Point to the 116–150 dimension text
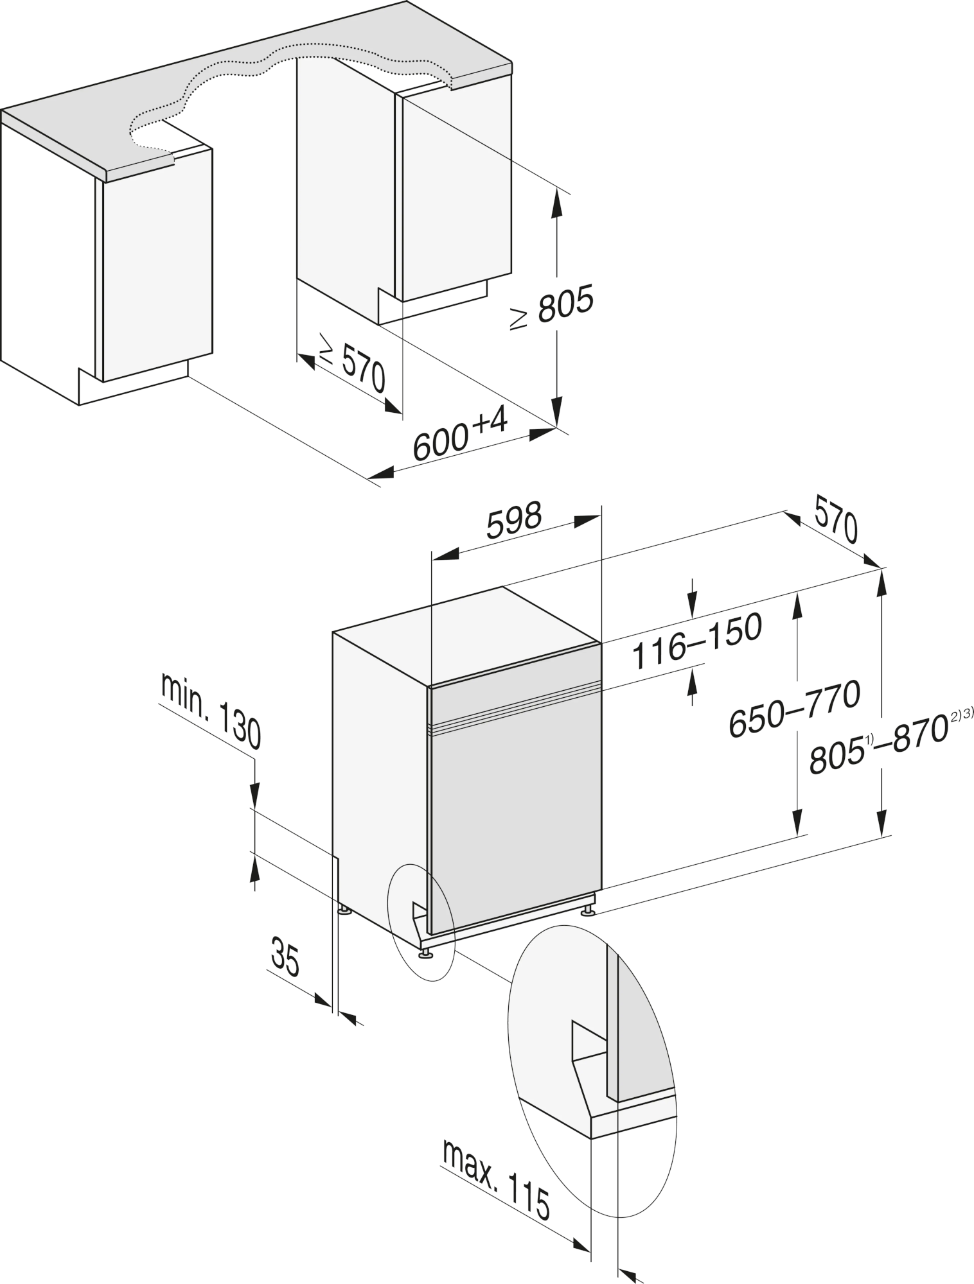point(697,640)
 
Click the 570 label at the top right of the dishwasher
point(836,519)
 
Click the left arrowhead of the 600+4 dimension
point(382,473)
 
